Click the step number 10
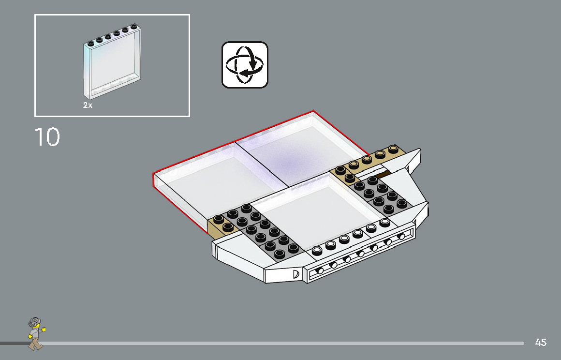(x=47, y=137)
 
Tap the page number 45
(x=541, y=343)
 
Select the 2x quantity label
(x=88, y=105)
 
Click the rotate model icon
(x=245, y=65)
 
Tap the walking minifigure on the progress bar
(x=35, y=333)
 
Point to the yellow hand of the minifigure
(x=44, y=330)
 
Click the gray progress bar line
(x=290, y=343)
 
